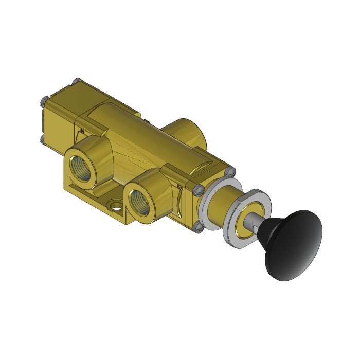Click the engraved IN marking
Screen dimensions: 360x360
pyautogui.click(x=81, y=132)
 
